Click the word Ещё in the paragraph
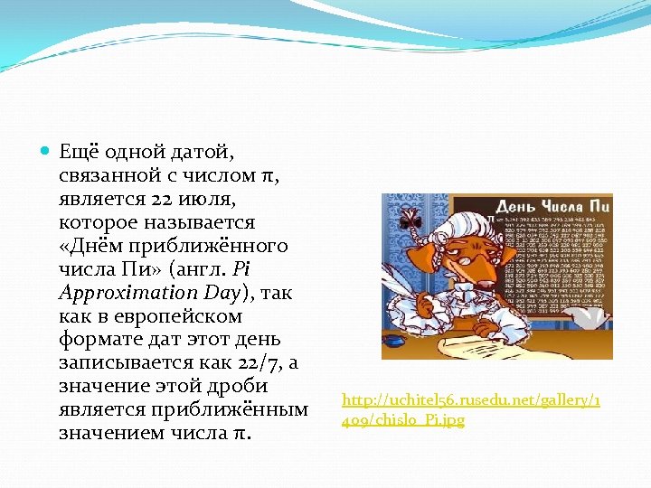coord(78,152)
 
